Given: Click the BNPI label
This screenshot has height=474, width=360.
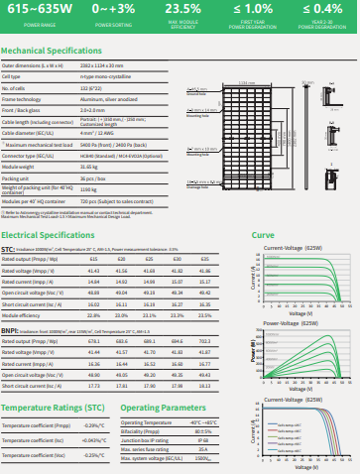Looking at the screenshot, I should click(10, 330).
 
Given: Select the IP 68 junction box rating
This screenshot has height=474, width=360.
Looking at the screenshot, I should click(203, 439).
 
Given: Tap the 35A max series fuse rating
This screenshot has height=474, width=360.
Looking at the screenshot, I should click(203, 448).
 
